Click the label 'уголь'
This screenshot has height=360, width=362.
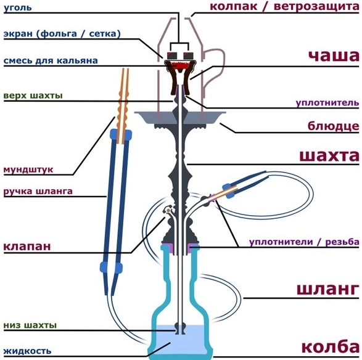(x=18, y=8)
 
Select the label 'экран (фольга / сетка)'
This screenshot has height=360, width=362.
(x=62, y=34)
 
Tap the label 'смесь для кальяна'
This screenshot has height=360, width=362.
(x=51, y=60)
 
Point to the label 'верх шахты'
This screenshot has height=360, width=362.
(x=33, y=96)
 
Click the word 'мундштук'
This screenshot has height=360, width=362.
(x=28, y=170)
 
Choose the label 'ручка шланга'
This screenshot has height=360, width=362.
(x=38, y=191)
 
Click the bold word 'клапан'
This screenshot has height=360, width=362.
(x=27, y=246)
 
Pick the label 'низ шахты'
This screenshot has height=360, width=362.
(x=30, y=325)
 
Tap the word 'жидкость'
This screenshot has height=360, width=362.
(x=27, y=351)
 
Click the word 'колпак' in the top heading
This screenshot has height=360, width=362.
(x=233, y=6)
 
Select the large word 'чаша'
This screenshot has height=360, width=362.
(x=334, y=55)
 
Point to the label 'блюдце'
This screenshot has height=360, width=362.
(x=333, y=126)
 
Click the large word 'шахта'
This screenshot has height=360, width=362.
(x=329, y=156)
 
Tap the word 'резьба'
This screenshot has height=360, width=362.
(x=342, y=242)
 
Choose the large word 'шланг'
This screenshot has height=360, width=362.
(x=328, y=289)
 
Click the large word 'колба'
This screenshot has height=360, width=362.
(x=331, y=346)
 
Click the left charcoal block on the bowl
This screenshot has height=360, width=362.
(x=171, y=55)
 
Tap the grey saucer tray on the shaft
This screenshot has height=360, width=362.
(x=180, y=118)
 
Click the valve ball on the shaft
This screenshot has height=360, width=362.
(x=168, y=210)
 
